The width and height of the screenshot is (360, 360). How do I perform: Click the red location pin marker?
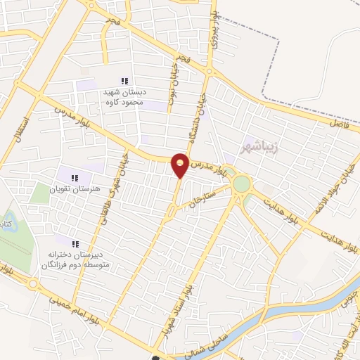pos(181,165)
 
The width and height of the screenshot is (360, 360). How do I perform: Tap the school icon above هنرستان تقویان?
pos(75,176)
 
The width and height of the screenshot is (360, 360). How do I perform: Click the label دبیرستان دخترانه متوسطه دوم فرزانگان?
pos(75,259)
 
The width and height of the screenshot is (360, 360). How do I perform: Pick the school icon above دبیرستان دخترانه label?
pos(75,243)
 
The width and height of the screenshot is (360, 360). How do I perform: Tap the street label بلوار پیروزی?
pos(219,32)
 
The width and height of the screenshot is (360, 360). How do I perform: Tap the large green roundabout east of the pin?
pos(242,184)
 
